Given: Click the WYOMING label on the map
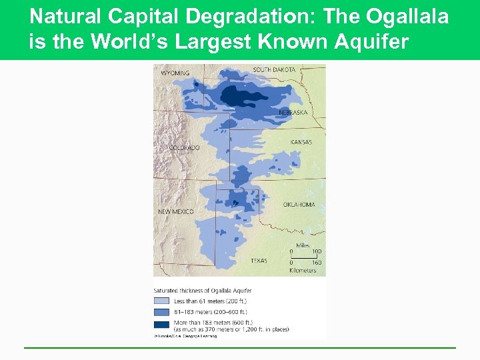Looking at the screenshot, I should click(x=175, y=73).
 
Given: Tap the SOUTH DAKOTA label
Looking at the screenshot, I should click(x=274, y=69).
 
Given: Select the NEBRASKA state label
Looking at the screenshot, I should click(x=293, y=113).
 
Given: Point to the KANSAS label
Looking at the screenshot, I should click(x=301, y=142).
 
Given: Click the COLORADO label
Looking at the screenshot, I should click(x=184, y=147).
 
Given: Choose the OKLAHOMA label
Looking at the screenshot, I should click(x=299, y=205).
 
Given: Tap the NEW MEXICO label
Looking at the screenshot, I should click(x=175, y=211).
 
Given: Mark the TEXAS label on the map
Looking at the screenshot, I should click(x=259, y=261).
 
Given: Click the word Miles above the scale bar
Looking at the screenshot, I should click(x=303, y=245).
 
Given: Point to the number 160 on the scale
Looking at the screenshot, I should click(x=317, y=263).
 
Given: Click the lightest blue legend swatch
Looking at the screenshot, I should click(x=162, y=301).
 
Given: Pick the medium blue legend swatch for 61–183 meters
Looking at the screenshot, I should click(x=162, y=311).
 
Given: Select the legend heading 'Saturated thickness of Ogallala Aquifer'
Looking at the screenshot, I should click(x=203, y=290).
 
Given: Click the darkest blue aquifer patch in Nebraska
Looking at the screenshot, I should click(x=239, y=96).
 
